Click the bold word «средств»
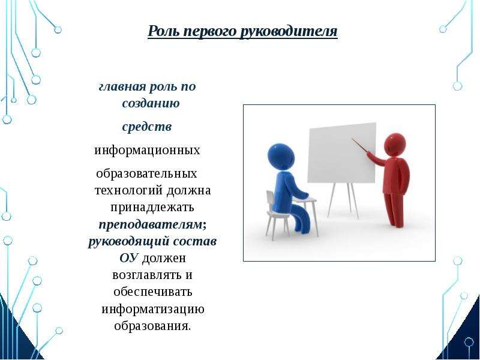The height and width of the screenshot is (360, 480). tap(147, 127)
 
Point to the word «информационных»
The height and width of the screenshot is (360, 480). tap(147, 151)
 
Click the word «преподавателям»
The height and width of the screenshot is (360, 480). tap(151, 224)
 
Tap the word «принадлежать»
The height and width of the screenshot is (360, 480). tap(152, 207)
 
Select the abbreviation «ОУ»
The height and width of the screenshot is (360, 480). tap(129, 258)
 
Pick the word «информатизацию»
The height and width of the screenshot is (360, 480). tap(153, 308)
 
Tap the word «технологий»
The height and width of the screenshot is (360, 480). tap(129, 190)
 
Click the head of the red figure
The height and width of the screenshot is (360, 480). tap(395, 145)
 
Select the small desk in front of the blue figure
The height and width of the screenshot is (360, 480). tap(304, 200)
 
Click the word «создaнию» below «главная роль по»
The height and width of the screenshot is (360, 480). tap(151, 103)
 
